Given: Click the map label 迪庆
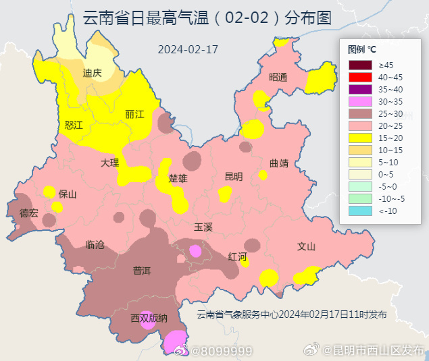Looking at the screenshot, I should coord(92,74).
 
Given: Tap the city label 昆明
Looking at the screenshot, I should coord(233,176).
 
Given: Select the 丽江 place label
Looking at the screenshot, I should coord(135,115).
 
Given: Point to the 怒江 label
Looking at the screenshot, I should coord(74,126).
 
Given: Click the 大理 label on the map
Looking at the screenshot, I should coord(109,163).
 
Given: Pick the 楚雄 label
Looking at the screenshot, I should coord(178,179).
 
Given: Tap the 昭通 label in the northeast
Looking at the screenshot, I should coord(278,77).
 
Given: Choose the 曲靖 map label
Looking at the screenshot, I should coord(278,163).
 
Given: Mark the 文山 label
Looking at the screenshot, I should coord(306,246).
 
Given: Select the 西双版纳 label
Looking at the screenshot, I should coord(149,317).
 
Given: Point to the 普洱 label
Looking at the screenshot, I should coord(142,271).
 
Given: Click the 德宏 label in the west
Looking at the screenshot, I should coord(29,213).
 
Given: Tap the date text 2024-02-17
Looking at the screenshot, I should coord(188,49).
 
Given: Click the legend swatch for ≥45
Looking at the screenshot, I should coord(360,65).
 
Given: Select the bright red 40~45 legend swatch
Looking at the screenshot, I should coord(360,77).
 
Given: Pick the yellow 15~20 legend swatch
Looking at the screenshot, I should coord(360,138).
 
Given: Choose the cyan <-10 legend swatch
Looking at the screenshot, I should coord(360,211).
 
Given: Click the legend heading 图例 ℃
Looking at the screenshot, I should coord(361,49).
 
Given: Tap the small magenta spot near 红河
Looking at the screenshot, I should coord(196,251).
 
